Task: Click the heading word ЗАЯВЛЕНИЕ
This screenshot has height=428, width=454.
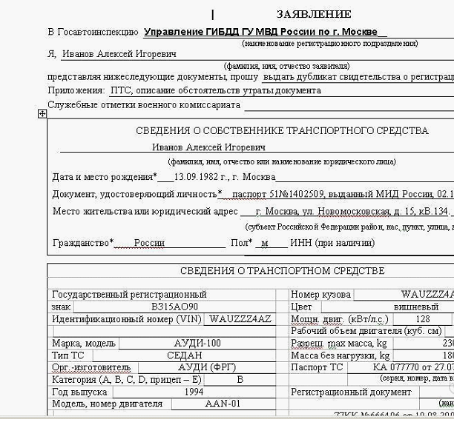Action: (x=314, y=14)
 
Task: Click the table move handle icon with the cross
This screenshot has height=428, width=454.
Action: (x=42, y=113)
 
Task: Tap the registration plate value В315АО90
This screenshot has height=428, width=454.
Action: (x=174, y=306)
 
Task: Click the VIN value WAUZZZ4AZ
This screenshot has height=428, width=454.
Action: (x=240, y=319)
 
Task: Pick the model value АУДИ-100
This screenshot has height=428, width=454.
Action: (x=197, y=344)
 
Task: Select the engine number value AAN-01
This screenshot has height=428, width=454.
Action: (x=223, y=404)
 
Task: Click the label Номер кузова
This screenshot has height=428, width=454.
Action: (x=320, y=295)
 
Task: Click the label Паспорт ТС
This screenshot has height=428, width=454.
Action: (x=317, y=367)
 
